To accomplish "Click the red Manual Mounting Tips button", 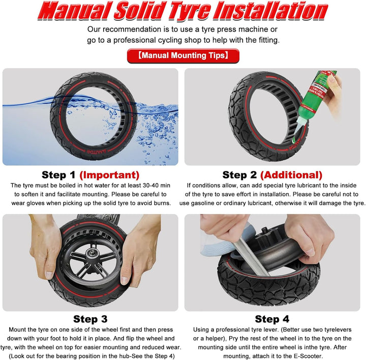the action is tap(183, 55).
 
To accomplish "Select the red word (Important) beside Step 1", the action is tap(109, 175).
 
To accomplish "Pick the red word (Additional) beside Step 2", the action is tap(291, 175).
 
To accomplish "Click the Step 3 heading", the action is tap(90, 319).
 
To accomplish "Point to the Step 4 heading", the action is tap(272, 319).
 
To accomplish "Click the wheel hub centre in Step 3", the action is tap(90, 253).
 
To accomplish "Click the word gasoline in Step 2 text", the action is tap(203, 203).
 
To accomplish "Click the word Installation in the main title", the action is tap(271, 11).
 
